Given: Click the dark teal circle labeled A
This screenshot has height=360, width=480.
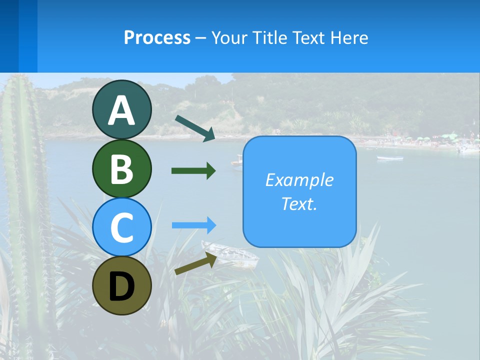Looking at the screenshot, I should tap(122, 110).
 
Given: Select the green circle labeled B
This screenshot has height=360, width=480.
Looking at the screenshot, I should tap(122, 168).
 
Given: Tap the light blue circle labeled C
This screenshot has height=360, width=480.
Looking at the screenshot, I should tap(122, 227).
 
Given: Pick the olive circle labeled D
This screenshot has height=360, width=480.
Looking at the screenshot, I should tap(122, 285).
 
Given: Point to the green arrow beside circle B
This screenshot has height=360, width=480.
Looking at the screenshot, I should tap(193, 171).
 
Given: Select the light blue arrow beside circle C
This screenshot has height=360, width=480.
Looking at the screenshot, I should tap(193, 225).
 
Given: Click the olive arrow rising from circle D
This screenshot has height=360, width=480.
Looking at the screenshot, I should tap(195, 263).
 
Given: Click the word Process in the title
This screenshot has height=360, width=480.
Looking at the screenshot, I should tap(157, 37).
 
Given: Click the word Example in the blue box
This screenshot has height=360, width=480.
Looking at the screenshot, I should tap(299, 180).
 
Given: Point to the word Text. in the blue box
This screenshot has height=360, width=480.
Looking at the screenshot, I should tap(299, 204).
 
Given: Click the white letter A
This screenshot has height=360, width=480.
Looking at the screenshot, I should tap(122, 110).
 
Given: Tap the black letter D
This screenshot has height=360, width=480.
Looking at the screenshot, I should tap(122, 286).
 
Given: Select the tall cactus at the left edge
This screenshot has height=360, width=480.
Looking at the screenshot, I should tap(25, 200).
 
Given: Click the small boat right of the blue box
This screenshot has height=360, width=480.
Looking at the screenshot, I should tap(389, 158).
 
